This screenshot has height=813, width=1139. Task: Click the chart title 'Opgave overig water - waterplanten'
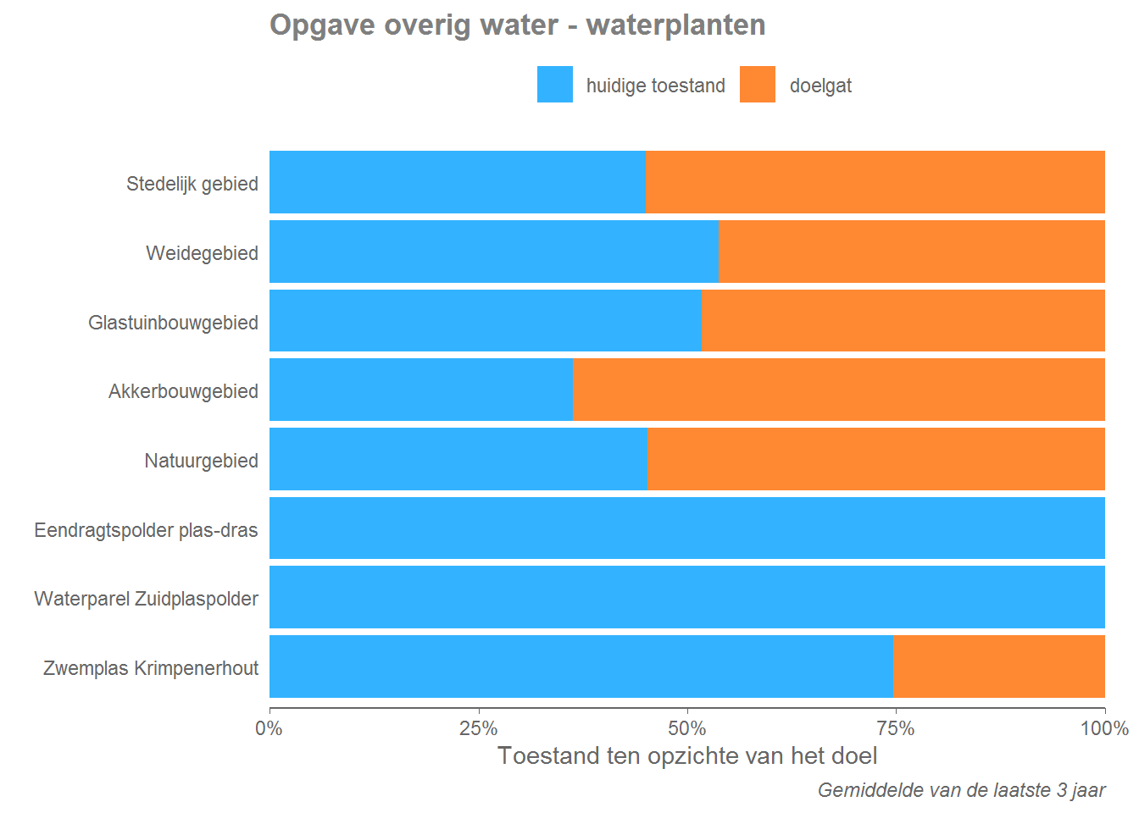pyautogui.click(x=517, y=25)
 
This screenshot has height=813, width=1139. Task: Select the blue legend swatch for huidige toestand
pyautogui.click(x=554, y=85)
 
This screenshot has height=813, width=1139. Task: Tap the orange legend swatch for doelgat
pyautogui.click(x=757, y=85)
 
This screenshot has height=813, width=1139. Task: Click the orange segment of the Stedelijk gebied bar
pyautogui.click(x=875, y=182)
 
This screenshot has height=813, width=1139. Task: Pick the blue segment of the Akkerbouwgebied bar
pyautogui.click(x=420, y=390)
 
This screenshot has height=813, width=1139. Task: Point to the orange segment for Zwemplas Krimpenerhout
pyautogui.click(x=998, y=666)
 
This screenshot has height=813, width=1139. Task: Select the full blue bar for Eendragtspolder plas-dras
pyautogui.click(x=686, y=528)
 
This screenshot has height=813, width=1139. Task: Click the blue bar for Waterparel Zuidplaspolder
pyautogui.click(x=686, y=597)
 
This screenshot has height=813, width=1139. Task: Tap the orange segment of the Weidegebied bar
pyautogui.click(x=911, y=252)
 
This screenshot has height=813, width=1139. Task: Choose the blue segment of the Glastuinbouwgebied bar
pyautogui.click(x=485, y=321)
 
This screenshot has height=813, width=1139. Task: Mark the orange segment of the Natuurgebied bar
pyautogui.click(x=875, y=459)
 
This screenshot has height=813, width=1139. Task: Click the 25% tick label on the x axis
pyautogui.click(x=478, y=728)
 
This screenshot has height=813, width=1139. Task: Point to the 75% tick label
pyautogui.click(x=896, y=728)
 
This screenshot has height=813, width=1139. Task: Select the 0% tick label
pyautogui.click(x=269, y=728)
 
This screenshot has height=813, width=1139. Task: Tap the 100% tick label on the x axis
pyautogui.click(x=1103, y=728)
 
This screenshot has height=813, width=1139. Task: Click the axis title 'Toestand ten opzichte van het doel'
pyautogui.click(x=686, y=755)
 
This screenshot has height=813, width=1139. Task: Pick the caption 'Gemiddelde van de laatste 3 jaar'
pyautogui.click(x=961, y=790)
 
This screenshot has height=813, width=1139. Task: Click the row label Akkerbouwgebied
pyautogui.click(x=183, y=391)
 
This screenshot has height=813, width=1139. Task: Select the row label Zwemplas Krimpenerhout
pyautogui.click(x=151, y=668)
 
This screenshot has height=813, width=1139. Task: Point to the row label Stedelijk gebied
pyautogui.click(x=192, y=184)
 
